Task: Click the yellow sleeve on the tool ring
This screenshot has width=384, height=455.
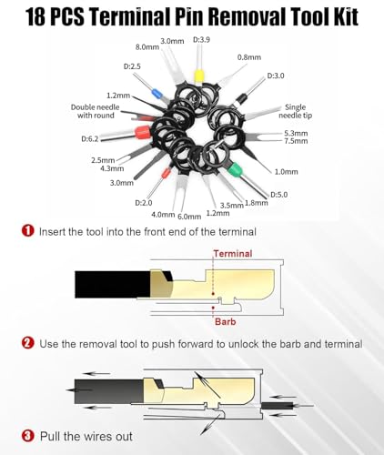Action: (198, 76)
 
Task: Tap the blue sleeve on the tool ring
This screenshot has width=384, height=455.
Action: (156, 93)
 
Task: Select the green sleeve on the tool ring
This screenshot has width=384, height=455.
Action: (235, 169)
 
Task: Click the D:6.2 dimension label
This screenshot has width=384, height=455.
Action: (90, 139)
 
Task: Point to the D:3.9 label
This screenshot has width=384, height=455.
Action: (201, 40)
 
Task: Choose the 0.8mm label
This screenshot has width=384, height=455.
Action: (249, 57)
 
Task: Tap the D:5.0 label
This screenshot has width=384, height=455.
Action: (278, 195)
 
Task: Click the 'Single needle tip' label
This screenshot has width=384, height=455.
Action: (295, 111)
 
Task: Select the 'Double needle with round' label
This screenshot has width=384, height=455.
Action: (96, 111)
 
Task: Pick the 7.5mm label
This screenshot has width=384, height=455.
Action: (296, 141)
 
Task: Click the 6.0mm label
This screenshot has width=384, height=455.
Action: (189, 217)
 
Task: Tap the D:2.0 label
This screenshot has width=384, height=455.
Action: (144, 203)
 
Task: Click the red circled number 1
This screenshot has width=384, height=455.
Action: (28, 231)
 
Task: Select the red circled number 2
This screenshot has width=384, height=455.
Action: (28, 343)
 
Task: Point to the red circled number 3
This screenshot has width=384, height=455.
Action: (28, 436)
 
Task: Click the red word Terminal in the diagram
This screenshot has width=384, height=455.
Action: (233, 254)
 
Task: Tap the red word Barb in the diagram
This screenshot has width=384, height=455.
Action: (225, 321)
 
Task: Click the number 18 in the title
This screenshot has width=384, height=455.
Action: (36, 16)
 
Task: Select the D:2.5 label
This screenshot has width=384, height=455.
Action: (132, 66)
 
